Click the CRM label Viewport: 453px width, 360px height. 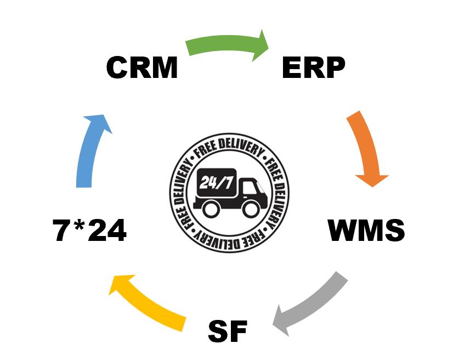(x=142, y=67)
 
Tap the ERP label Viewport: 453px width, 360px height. (x=313, y=67)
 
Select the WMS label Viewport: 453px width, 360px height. (x=366, y=230)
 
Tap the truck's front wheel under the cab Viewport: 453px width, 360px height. (x=251, y=209)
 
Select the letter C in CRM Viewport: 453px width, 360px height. (x=118, y=67)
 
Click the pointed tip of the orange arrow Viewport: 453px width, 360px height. (x=372, y=185)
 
